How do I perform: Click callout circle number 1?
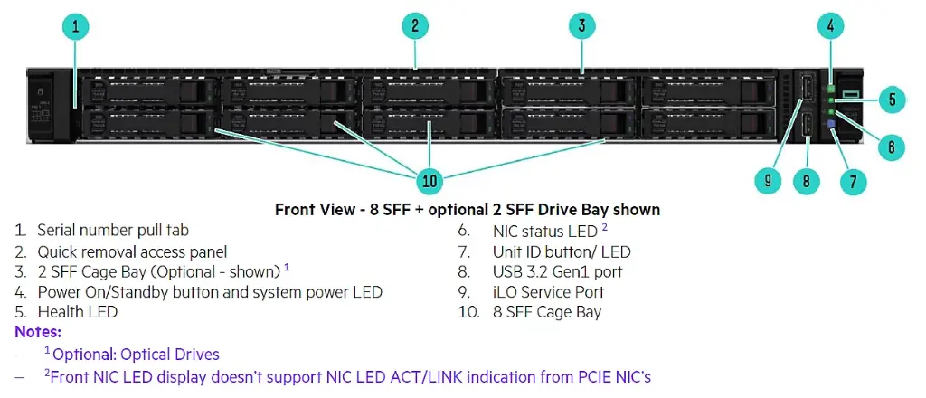[74, 27]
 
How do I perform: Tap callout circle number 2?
[414, 27]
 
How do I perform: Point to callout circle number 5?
[892, 99]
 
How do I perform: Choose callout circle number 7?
[853, 181]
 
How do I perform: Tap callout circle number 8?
[806, 181]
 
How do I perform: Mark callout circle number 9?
[768, 181]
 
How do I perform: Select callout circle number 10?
[430, 181]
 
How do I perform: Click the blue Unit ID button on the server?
[832, 124]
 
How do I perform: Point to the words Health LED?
[78, 312]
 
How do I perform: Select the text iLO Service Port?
[548, 292]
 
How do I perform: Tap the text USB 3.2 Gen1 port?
[557, 271]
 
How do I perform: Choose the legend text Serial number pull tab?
[113, 231]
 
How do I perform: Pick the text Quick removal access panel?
[132, 251]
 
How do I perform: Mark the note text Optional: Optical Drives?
[135, 355]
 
